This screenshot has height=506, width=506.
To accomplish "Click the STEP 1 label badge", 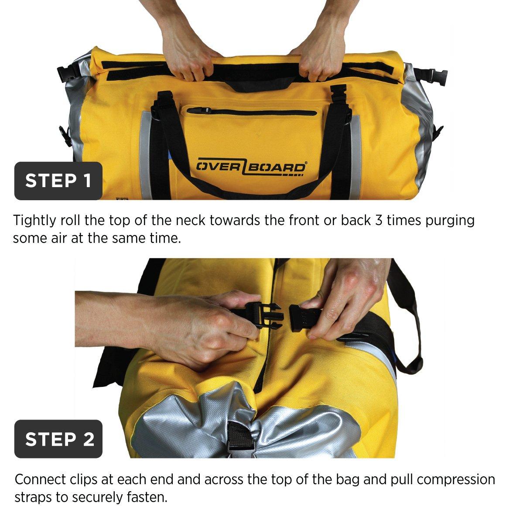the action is pos(58,181).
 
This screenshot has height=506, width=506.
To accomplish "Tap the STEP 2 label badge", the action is pos(58,439).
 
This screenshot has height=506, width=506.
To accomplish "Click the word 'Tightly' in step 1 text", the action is pos(34,221).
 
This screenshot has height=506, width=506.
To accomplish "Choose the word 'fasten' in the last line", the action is pos(146,497).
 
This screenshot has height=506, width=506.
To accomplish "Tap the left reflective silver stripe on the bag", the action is pos(146,155).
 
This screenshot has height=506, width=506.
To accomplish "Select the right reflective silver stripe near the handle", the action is pos(356,157).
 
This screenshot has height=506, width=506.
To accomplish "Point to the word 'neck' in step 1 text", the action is pos(191,220).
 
